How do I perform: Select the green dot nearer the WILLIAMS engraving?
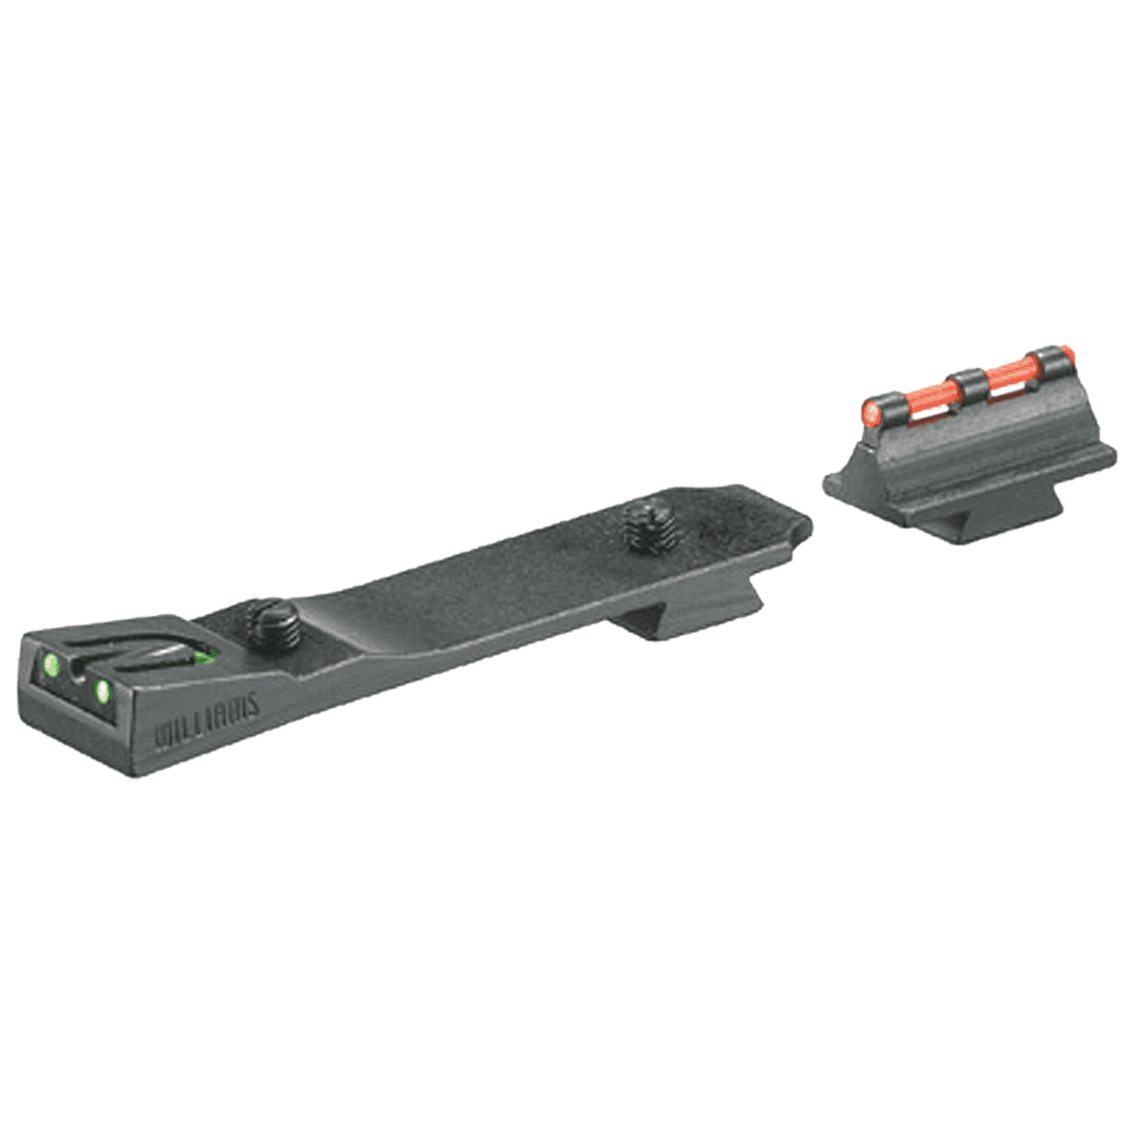pos(102,693)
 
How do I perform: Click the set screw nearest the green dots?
pos(273,628)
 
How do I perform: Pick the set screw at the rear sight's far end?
pos(644,527)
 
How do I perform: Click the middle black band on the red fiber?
pos(966,386)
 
